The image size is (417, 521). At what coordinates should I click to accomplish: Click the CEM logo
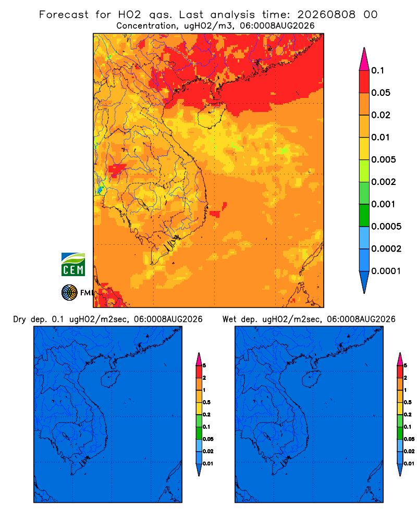point(73,265)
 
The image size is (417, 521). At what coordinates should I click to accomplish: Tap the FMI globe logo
point(69,293)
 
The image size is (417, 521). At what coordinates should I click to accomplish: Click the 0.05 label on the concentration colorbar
point(381,93)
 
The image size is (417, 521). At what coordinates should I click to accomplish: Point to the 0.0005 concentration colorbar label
point(386,227)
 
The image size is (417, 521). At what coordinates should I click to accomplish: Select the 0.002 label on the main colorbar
point(384,182)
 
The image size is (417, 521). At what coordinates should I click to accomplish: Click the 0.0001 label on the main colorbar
point(386,271)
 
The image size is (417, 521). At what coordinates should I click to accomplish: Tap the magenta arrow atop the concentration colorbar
point(364,59)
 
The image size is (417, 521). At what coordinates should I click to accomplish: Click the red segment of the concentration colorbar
point(364,82)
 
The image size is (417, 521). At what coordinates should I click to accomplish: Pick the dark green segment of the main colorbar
point(364,215)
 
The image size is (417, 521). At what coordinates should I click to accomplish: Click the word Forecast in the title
point(64,15)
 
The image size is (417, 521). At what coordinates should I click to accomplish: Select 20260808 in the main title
point(326,15)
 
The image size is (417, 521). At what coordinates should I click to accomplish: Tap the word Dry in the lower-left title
point(20,320)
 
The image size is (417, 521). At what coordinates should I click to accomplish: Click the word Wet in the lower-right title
point(229,319)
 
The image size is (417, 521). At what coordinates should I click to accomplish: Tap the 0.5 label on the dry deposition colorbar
point(206,402)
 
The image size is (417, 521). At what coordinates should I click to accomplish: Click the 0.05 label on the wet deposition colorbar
point(409,439)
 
